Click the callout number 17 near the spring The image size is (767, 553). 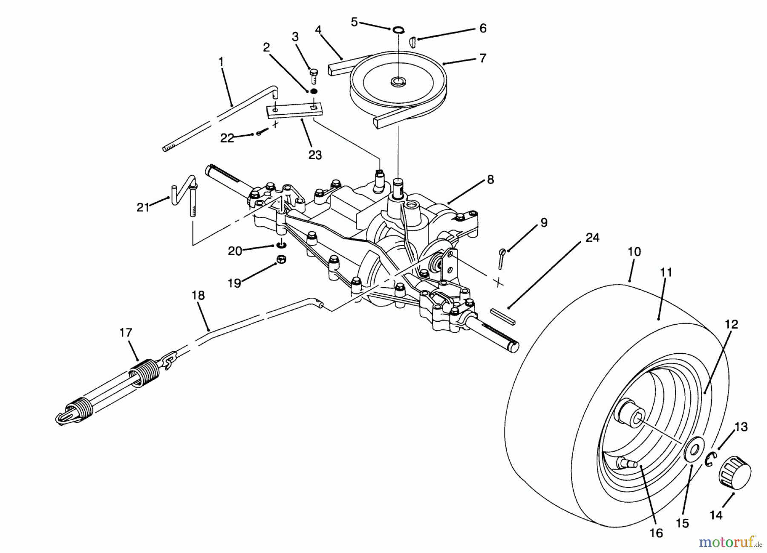pyautogui.click(x=126, y=332)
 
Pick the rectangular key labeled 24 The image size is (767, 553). pyautogui.click(x=503, y=315)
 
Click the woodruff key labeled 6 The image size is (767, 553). pyautogui.click(x=412, y=41)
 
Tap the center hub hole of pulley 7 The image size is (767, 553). pyautogui.click(x=399, y=81)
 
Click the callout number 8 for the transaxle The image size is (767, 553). pyautogui.click(x=490, y=180)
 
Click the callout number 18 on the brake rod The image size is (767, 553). pyautogui.click(x=198, y=296)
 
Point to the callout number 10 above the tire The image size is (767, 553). pyautogui.click(x=634, y=252)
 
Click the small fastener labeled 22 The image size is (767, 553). pyautogui.click(x=259, y=133)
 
